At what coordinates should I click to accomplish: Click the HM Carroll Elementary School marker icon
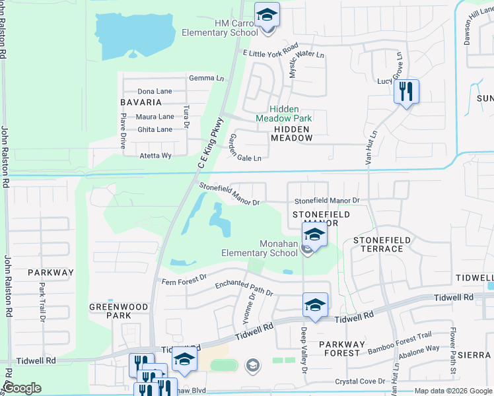(x=267, y=15)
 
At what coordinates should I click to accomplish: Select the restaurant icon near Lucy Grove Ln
(x=407, y=91)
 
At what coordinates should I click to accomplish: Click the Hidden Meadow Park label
(x=284, y=114)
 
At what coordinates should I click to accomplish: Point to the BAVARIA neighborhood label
(x=141, y=102)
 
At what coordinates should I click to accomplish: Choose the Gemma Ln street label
(x=207, y=78)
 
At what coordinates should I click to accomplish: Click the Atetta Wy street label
(x=155, y=156)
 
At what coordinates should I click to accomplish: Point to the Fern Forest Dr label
(x=185, y=280)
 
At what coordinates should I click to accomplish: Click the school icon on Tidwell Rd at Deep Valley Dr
(x=316, y=305)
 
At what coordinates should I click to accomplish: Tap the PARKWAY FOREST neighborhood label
(x=341, y=348)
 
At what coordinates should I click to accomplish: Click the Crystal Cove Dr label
(x=359, y=381)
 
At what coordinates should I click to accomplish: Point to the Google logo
(x=22, y=388)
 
